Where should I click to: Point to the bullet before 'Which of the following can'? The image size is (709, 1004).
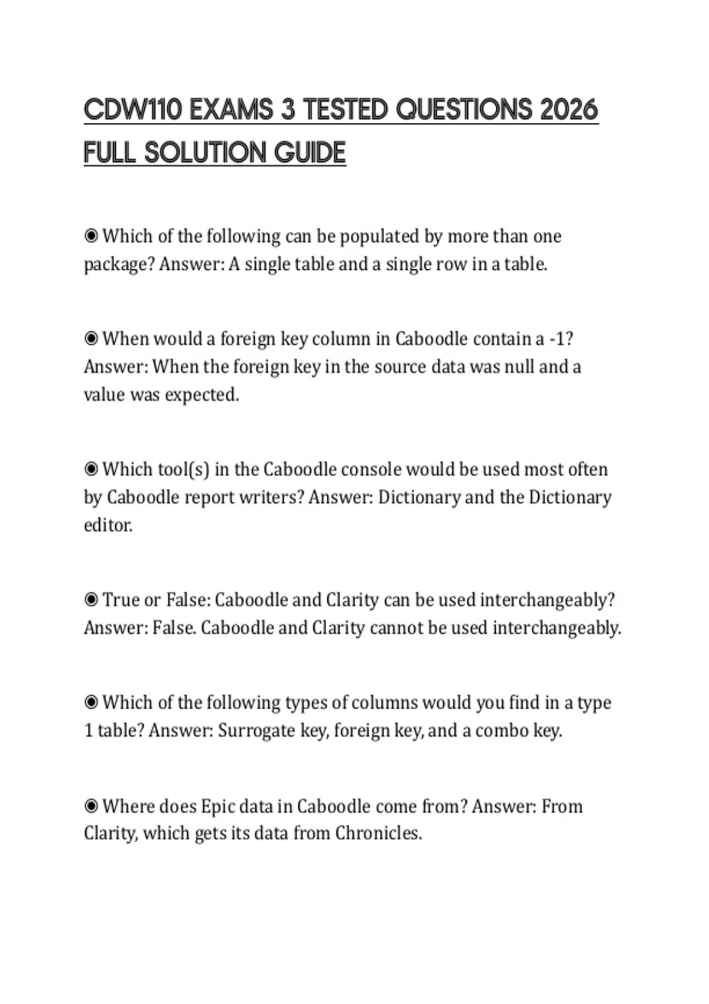coord(91,236)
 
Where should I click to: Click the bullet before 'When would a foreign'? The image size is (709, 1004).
coord(91,339)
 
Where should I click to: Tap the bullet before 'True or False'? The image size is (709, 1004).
coord(91,600)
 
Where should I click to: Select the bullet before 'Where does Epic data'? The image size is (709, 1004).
coord(91,806)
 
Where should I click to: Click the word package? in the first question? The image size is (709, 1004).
coord(119,265)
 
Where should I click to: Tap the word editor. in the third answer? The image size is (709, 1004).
coord(108,525)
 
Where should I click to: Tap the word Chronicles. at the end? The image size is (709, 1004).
coord(379,833)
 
